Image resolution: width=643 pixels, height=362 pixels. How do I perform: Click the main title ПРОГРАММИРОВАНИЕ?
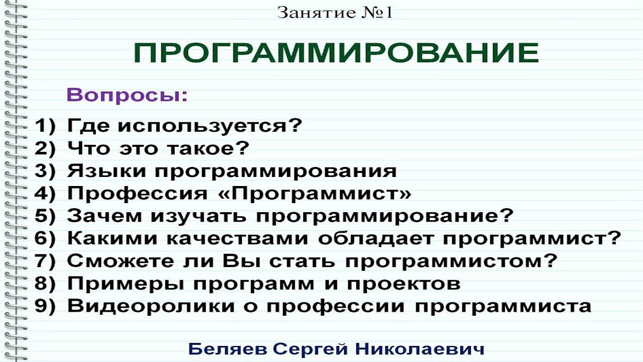click(336, 53)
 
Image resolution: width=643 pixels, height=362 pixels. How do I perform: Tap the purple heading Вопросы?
click(127, 95)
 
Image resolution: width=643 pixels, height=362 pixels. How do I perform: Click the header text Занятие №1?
click(335, 13)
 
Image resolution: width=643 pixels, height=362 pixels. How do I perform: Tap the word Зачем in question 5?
click(104, 216)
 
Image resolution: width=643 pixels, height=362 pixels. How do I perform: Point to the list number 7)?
click(44, 261)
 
